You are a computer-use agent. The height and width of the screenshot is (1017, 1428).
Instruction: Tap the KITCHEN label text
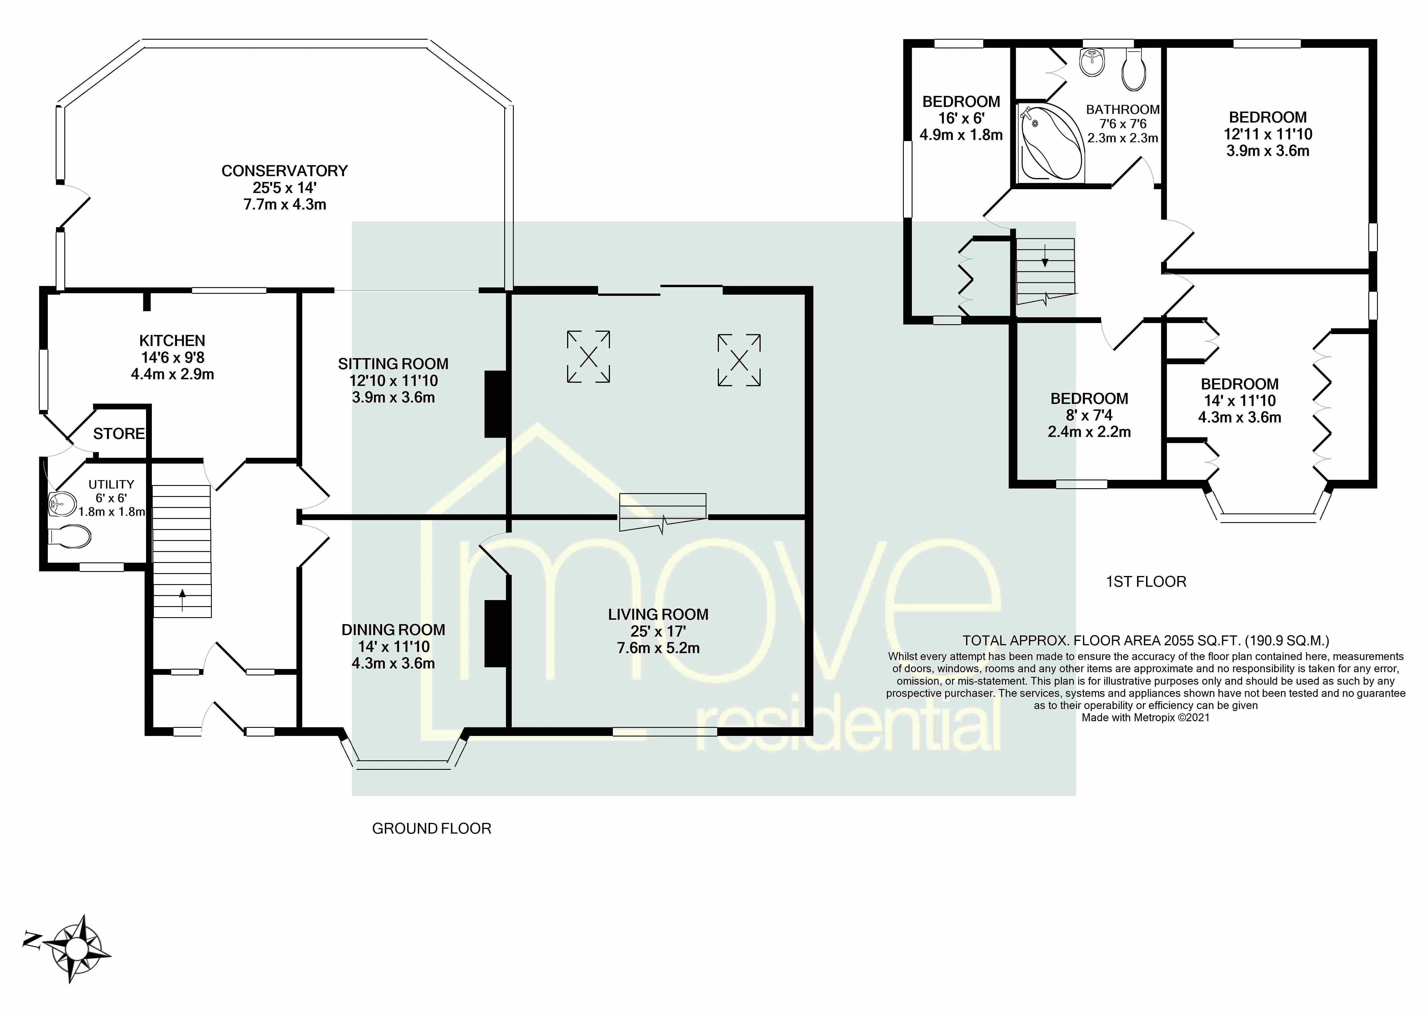[172, 341]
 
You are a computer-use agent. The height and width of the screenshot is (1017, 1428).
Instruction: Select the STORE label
[119, 433]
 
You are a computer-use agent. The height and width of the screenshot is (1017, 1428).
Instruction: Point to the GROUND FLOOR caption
[431, 828]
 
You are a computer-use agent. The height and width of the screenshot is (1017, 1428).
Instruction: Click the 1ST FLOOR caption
[1146, 582]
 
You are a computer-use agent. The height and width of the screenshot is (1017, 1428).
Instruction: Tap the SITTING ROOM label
[393, 364]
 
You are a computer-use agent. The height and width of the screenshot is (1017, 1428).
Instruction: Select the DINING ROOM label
[393, 630]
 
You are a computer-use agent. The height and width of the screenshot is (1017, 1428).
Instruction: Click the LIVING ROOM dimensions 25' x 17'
[658, 631]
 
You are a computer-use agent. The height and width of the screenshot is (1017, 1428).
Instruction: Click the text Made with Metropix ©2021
[1145, 718]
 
